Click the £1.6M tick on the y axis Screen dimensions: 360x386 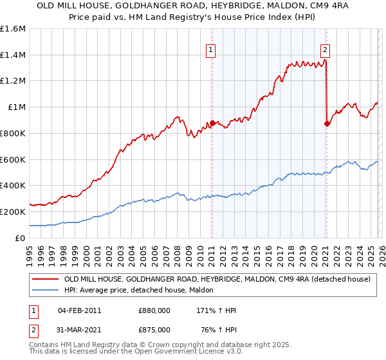(x=13, y=29)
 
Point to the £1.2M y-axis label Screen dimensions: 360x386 (x=13, y=81)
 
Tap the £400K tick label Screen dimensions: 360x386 (x=13, y=185)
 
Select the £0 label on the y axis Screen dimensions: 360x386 (x=21, y=237)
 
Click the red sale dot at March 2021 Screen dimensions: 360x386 (x=327, y=123)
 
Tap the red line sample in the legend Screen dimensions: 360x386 (x=45, y=280)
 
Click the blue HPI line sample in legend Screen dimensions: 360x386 (x=45, y=291)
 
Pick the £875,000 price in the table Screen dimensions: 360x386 (x=154, y=329)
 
